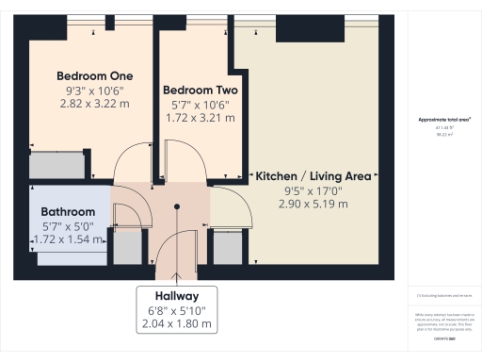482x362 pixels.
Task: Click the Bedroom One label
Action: [94, 75]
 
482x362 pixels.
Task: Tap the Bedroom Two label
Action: [200, 90]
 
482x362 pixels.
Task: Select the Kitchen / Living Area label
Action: [313, 175]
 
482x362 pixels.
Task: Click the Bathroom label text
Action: [68, 212]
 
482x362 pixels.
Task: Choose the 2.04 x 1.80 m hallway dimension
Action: [178, 324]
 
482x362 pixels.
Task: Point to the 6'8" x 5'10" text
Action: [178, 309]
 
